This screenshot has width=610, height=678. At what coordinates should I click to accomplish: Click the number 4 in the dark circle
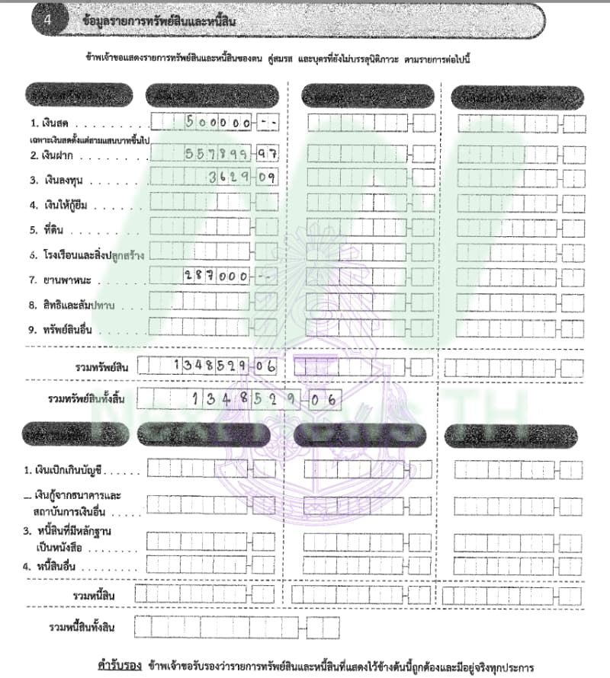(47, 21)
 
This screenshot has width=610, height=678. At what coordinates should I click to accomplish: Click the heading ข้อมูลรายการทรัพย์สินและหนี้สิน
(159, 21)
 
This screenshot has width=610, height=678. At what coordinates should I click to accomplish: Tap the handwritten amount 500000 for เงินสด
(219, 122)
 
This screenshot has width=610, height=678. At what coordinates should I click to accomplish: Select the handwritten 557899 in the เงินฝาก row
(218, 153)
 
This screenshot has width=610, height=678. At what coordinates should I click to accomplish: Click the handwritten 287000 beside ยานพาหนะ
(217, 278)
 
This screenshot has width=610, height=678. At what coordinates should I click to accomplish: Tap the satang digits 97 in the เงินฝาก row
(266, 153)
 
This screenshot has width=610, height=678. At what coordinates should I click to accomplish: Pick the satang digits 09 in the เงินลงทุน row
(266, 178)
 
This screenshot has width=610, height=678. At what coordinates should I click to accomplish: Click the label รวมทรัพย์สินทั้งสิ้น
(86, 398)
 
